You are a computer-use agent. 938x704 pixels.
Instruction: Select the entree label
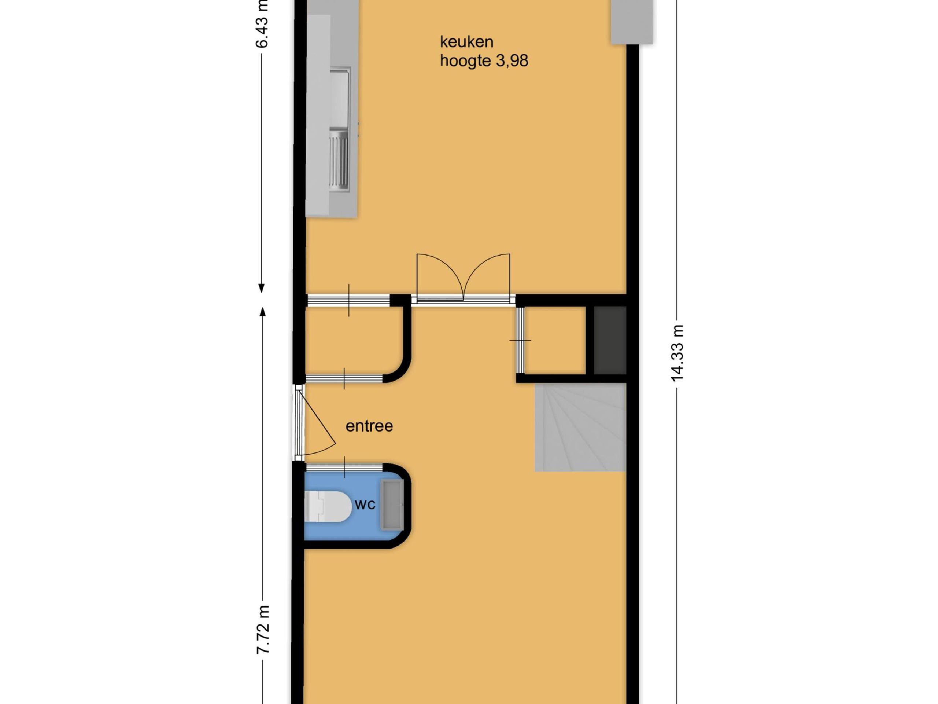coord(369,426)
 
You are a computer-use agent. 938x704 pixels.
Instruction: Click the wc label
coord(365,505)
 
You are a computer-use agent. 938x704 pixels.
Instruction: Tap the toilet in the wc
coord(327,506)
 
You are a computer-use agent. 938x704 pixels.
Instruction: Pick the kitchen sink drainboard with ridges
coord(340,161)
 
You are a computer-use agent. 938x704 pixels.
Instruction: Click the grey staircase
coord(580,427)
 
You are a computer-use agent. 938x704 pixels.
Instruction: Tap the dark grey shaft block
coord(609,340)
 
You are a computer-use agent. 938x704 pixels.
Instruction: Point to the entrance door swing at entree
coord(318,422)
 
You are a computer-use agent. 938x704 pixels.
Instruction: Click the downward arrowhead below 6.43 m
coord(262,288)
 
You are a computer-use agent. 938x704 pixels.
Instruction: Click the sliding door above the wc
coord(344,467)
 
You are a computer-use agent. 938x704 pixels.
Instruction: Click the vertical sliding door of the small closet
coord(520,340)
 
